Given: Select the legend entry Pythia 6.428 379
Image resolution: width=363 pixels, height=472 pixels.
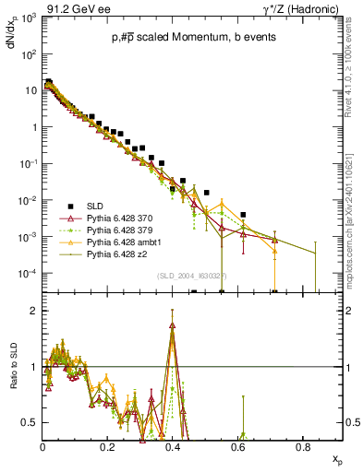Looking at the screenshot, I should tap(117, 229).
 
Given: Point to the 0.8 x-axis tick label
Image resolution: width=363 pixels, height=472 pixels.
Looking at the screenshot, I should tap(303, 446).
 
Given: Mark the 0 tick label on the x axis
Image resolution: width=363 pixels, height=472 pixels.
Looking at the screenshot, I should tap(42, 446).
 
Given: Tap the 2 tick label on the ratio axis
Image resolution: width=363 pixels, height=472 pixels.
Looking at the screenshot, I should tap(34, 311).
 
